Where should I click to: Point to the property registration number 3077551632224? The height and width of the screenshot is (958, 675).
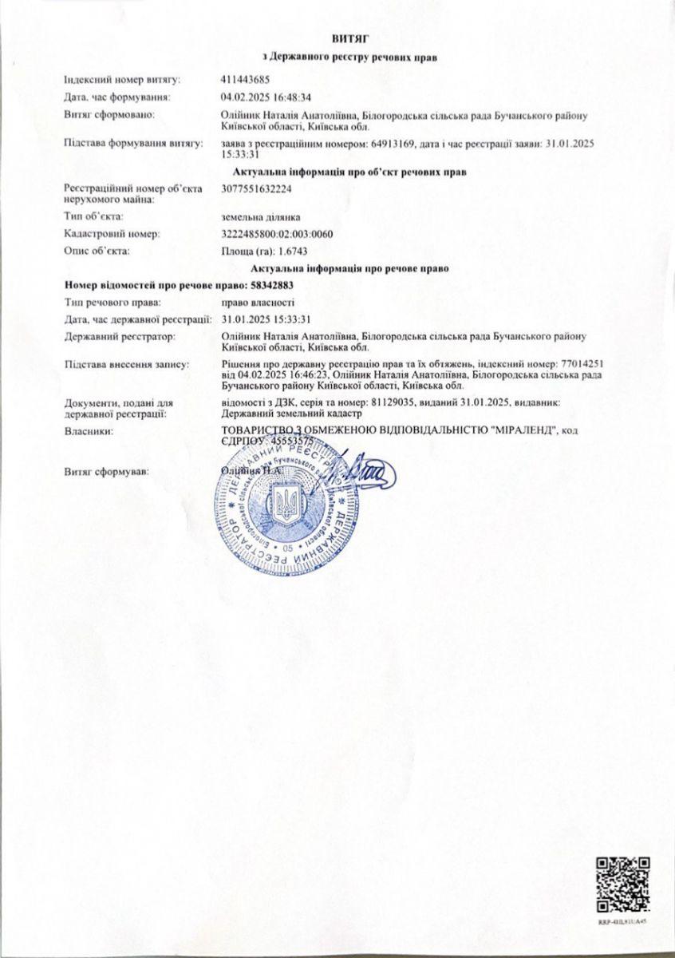point(259,188)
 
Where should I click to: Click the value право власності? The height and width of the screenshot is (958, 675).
point(258,303)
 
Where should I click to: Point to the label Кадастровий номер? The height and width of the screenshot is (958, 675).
point(112,234)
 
